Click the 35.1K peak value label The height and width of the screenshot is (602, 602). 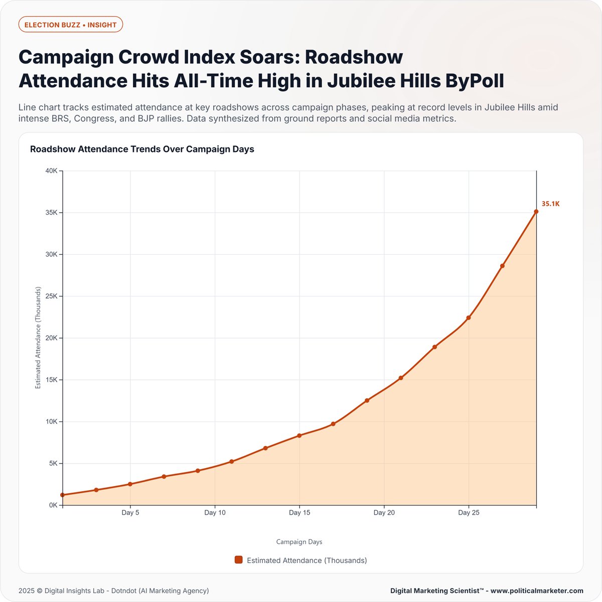(x=550, y=204)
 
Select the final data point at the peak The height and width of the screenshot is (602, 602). (x=536, y=212)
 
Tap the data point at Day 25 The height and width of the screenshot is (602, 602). (x=469, y=318)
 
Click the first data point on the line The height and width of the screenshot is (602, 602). (x=63, y=495)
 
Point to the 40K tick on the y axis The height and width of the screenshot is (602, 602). (x=52, y=171)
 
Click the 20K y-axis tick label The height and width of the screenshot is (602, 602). (x=52, y=338)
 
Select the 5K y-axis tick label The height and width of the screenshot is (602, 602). (x=53, y=464)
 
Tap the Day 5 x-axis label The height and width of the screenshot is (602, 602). (x=130, y=513)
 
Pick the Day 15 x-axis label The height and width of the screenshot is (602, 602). (x=299, y=513)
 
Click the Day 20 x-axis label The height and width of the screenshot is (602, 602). (x=384, y=513)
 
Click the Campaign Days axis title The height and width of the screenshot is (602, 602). (x=299, y=542)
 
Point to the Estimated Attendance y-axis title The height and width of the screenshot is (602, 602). (x=38, y=338)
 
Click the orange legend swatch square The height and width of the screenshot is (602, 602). (x=239, y=560)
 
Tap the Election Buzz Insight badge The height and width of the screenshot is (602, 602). (x=71, y=25)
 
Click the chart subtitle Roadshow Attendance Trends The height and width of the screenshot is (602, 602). (x=142, y=149)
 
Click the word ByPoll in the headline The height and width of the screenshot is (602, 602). (x=475, y=80)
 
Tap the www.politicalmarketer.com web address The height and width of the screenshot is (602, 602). (x=537, y=590)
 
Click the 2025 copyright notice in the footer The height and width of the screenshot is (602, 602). (x=113, y=590)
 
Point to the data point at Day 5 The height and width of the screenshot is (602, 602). (x=130, y=484)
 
